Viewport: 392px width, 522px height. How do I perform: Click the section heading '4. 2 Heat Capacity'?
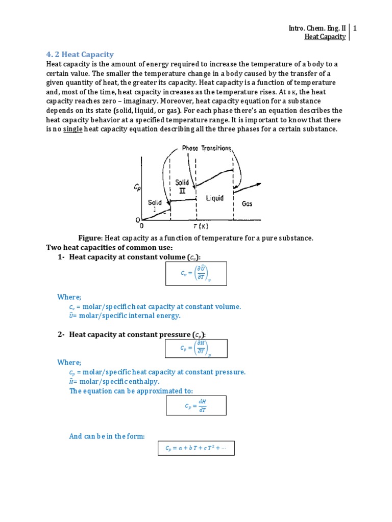(80, 55)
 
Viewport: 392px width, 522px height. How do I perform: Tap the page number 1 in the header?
(354, 29)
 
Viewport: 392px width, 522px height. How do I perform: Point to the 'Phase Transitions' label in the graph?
(207, 148)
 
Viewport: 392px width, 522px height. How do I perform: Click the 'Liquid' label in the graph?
(214, 198)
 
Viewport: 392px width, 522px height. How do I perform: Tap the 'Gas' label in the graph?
(247, 203)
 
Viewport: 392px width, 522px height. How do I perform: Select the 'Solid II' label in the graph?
(182, 186)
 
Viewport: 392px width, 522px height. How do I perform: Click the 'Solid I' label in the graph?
(155, 205)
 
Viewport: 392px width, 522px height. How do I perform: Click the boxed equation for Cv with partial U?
(196, 274)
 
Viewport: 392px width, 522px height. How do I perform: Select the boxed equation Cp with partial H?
(196, 348)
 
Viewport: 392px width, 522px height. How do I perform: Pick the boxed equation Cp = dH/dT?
(196, 406)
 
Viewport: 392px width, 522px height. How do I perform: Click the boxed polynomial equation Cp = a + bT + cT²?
(196, 448)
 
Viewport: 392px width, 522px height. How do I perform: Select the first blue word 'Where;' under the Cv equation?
(69, 297)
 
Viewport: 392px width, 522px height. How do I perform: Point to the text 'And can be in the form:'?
(107, 436)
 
